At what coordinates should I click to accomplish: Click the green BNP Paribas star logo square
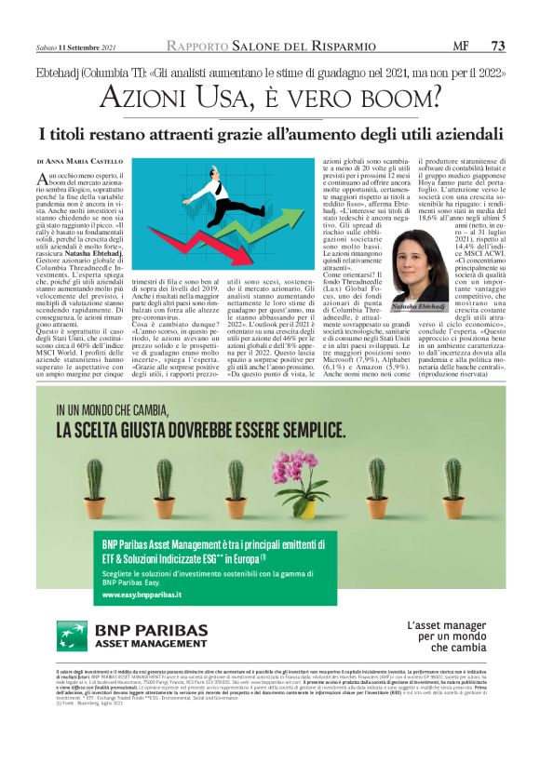coord(73,636)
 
